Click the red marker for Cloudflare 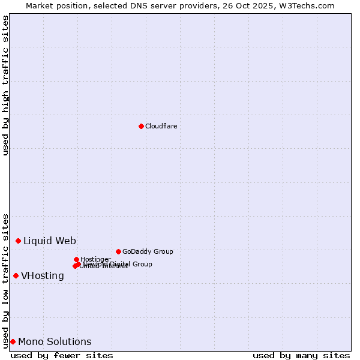(x=141, y=126)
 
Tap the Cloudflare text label (x=161, y=126)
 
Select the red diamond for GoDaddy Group (x=118, y=251)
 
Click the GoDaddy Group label (x=148, y=251)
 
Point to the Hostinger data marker (x=76, y=259)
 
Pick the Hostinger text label (x=95, y=259)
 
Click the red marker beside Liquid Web (x=18, y=241)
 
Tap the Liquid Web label (x=50, y=241)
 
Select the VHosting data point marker (x=16, y=275)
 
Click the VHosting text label (x=43, y=276)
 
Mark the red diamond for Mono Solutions (x=13, y=341)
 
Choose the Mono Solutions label (x=55, y=342)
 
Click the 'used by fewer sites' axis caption (x=62, y=355)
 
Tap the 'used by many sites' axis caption (x=301, y=355)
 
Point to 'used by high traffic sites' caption (x=5, y=86)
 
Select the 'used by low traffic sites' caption (x=5, y=280)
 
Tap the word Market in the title (x=40, y=5)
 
